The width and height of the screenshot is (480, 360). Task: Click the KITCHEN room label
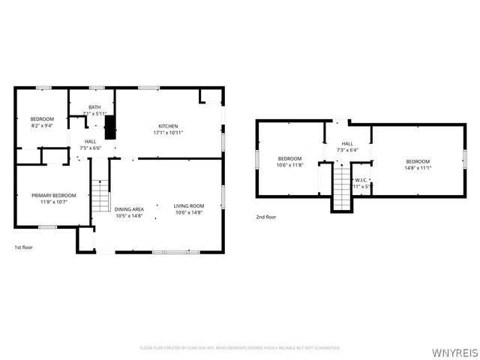pyautogui.click(x=168, y=126)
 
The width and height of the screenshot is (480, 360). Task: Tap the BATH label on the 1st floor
pyautogui.click(x=94, y=107)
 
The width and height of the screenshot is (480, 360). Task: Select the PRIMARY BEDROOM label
pyautogui.click(x=53, y=195)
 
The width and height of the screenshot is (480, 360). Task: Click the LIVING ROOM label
pyautogui.click(x=189, y=207)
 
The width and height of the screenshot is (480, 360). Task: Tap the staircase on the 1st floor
pyautogui.click(x=100, y=196)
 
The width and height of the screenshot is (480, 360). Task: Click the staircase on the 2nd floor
pyautogui.click(x=341, y=187)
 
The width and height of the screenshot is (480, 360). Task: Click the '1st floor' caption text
pyautogui.click(x=23, y=247)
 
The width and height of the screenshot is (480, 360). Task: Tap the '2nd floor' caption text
pyautogui.click(x=265, y=217)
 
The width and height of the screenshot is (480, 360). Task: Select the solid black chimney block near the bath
pyautogui.click(x=110, y=127)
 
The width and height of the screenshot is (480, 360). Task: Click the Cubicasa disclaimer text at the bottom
pyautogui.click(x=240, y=348)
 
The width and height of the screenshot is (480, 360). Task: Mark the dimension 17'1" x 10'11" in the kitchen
pyautogui.click(x=168, y=133)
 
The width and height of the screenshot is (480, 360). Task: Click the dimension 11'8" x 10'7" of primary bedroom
pyautogui.click(x=53, y=202)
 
